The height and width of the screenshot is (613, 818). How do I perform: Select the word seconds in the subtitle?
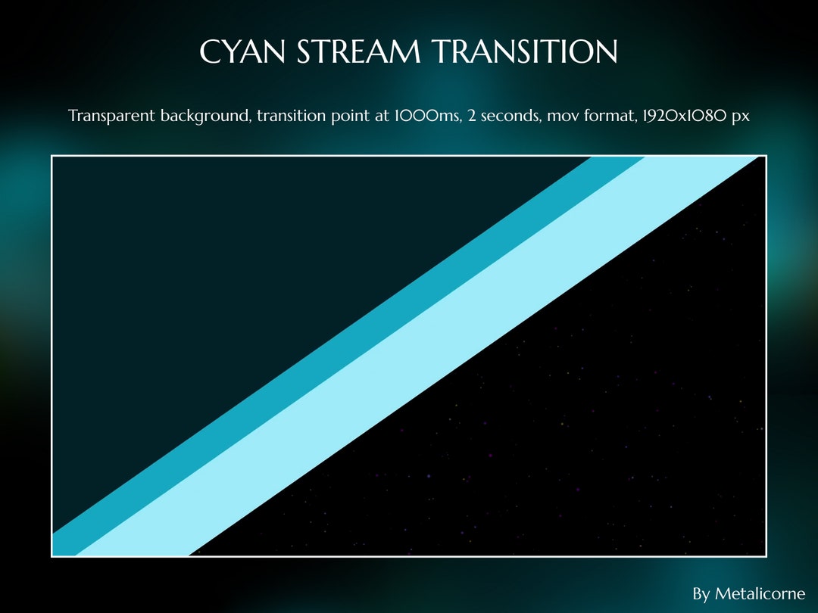pyautogui.click(x=498, y=117)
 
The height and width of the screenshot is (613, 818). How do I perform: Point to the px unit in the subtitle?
pyautogui.click(x=741, y=117)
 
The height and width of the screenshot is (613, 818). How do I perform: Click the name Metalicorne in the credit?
pyautogui.click(x=760, y=593)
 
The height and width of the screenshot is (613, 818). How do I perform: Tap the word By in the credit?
pyautogui.click(x=701, y=593)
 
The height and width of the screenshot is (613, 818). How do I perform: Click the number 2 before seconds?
pyautogui.click(x=462, y=117)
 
